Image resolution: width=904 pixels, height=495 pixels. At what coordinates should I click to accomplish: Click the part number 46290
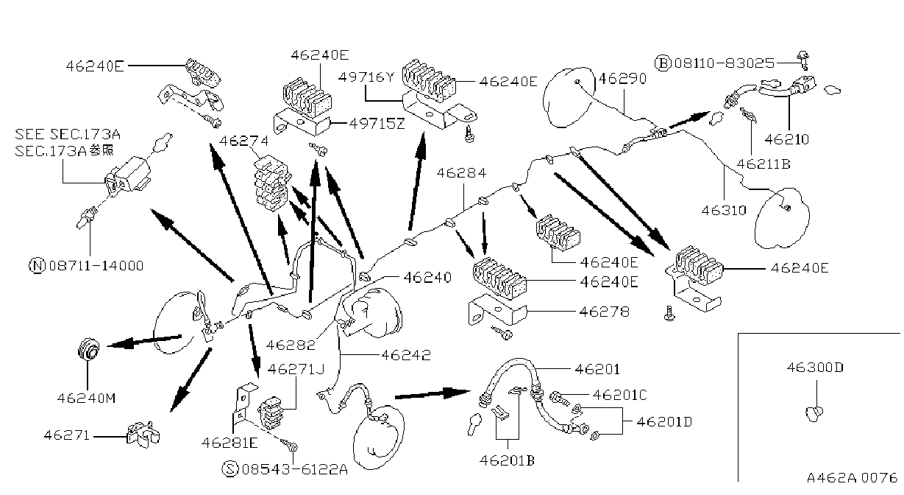click(622, 78)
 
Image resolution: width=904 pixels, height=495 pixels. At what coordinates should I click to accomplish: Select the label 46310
click(724, 210)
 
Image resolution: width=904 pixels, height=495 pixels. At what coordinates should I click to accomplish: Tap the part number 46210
click(786, 139)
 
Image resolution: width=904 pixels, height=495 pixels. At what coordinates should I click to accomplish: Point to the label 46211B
click(764, 164)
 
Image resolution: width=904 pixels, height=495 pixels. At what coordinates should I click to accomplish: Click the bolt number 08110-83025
click(724, 63)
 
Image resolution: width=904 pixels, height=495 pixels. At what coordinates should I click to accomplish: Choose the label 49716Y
click(366, 77)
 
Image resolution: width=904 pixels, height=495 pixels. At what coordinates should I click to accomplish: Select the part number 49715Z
click(377, 124)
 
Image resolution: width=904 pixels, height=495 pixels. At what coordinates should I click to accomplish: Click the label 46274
click(243, 141)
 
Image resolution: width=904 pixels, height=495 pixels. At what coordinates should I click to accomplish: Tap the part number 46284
click(461, 173)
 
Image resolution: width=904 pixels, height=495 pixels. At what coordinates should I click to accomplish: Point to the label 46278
click(604, 312)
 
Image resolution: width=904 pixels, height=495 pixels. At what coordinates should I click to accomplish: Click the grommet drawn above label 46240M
click(88, 350)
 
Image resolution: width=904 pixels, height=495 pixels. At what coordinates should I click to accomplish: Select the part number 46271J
click(296, 369)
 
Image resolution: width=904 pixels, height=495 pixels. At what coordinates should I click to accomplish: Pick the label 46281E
click(229, 443)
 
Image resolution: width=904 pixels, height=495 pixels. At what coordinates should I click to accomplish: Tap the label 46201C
click(619, 395)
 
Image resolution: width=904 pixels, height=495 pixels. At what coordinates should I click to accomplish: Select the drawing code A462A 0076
click(852, 477)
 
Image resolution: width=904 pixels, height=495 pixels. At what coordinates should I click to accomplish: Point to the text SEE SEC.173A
click(68, 134)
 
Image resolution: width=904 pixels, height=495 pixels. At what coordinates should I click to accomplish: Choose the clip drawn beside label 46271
click(143, 435)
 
